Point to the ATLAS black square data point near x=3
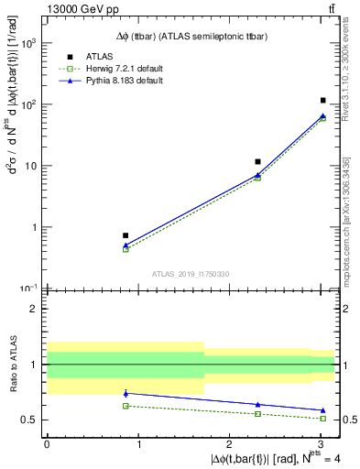point(323,100)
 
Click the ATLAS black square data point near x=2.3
point(258,161)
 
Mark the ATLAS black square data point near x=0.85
point(125,235)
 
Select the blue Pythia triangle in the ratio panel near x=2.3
point(258,404)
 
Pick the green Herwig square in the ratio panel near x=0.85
point(125,406)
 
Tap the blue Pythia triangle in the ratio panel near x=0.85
point(125,393)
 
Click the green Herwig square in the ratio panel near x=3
point(323,418)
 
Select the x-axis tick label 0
point(47,443)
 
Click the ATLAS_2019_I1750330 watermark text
point(191,273)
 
